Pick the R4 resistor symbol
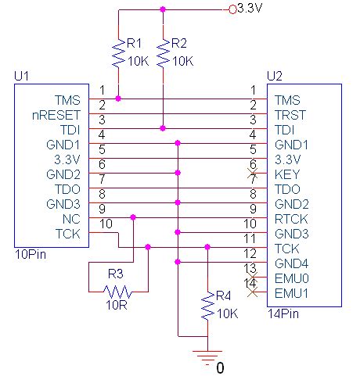[207, 307]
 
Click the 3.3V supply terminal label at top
[249, 9]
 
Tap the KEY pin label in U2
[284, 174]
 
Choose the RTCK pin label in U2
[287, 219]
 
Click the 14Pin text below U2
[282, 313]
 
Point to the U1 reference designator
[21, 76]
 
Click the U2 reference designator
[275, 76]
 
